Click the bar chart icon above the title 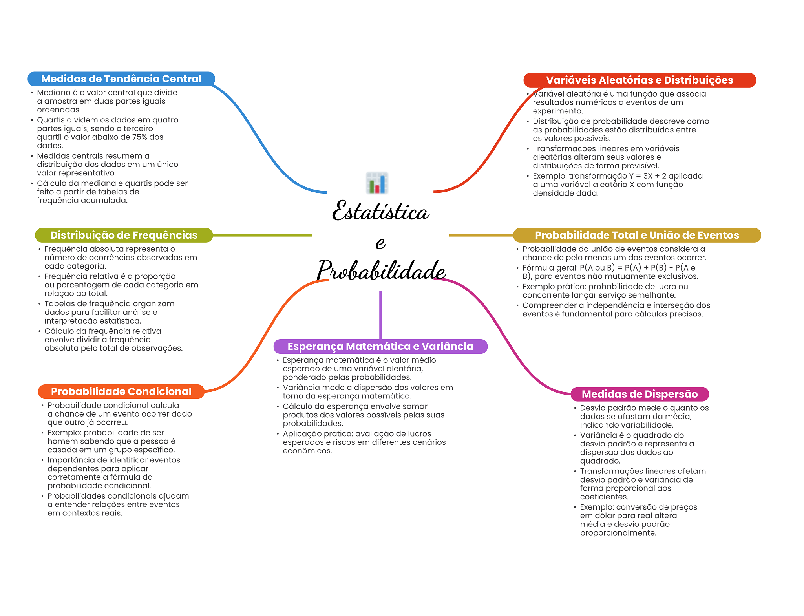(x=377, y=183)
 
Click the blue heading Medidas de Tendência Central (x=121, y=79)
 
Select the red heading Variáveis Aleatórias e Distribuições (x=639, y=80)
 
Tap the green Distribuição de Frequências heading (x=124, y=235)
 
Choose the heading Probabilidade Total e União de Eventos (x=637, y=235)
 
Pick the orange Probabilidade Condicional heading (x=121, y=391)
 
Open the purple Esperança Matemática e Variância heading (x=380, y=346)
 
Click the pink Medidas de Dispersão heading (x=639, y=394)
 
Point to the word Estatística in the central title (x=380, y=212)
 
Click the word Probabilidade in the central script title (x=381, y=270)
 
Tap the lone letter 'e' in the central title (x=380, y=243)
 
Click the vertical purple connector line (x=380, y=314)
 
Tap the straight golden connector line (x=481, y=235)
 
